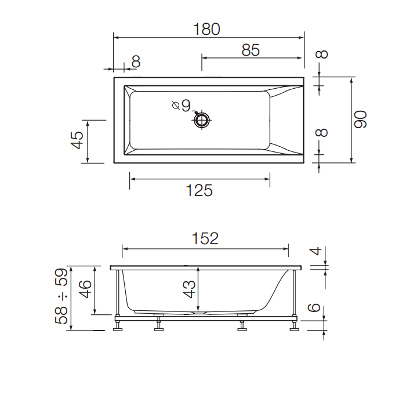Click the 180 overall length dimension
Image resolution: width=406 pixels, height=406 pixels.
(x=207, y=29)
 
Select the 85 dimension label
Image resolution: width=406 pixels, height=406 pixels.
(x=250, y=50)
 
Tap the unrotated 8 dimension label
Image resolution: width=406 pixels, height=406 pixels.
(x=136, y=61)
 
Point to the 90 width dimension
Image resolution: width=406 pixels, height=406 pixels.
(x=361, y=119)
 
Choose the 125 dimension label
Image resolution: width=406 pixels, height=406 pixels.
(x=200, y=190)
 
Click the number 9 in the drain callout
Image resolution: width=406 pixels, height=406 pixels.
(x=186, y=105)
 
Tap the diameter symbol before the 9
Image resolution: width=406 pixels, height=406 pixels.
(x=175, y=105)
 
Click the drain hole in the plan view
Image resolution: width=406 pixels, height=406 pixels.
(x=202, y=121)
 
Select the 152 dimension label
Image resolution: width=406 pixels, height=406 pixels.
(x=205, y=238)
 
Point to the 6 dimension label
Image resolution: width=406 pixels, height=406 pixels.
(x=314, y=308)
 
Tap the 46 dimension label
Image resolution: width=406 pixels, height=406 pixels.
(x=85, y=288)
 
